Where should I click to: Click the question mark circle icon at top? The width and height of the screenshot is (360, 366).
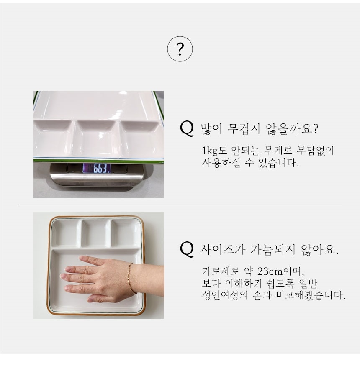click(x=180, y=49)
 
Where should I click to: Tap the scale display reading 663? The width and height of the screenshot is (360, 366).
click(x=97, y=168)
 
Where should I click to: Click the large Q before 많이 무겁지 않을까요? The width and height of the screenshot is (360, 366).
click(x=187, y=128)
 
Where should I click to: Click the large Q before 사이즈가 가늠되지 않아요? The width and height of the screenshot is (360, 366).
click(x=187, y=249)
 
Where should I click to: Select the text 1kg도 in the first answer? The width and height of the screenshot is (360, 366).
click(x=214, y=150)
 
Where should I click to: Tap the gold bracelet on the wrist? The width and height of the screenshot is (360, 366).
click(x=131, y=278)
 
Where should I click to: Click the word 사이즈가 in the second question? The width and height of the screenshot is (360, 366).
click(x=223, y=249)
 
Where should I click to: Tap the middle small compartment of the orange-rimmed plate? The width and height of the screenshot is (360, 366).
click(x=96, y=233)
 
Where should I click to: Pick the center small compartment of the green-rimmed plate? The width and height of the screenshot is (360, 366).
click(x=96, y=138)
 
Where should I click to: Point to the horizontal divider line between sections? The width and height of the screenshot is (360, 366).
click(x=180, y=205)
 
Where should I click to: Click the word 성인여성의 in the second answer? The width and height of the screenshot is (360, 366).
click(x=224, y=295)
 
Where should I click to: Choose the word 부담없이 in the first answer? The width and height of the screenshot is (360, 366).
click(x=315, y=150)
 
